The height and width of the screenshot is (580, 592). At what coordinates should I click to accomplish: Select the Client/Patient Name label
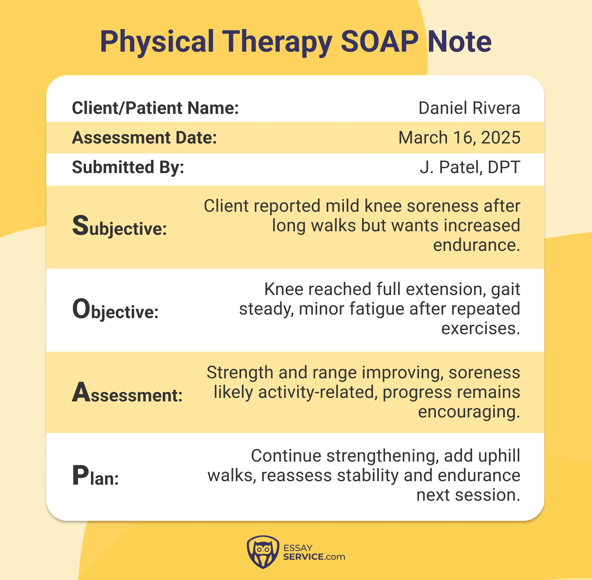click(155, 108)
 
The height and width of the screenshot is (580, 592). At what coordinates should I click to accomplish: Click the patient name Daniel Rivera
click(469, 108)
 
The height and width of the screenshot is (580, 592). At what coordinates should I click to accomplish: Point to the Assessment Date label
click(144, 138)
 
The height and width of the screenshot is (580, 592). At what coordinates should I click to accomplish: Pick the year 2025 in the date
click(501, 138)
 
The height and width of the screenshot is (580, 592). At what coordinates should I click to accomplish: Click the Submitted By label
click(128, 167)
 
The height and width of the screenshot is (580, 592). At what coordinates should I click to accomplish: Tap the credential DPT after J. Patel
click(504, 167)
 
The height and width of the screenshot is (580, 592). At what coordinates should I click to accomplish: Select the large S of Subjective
click(80, 226)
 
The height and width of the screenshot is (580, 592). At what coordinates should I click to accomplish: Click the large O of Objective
click(81, 309)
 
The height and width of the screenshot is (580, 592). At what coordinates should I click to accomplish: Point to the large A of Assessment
click(81, 392)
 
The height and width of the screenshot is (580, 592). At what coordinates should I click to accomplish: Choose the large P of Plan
click(80, 476)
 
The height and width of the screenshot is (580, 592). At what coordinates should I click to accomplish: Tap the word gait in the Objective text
click(505, 289)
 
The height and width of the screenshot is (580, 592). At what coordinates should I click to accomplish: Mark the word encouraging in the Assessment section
click(469, 412)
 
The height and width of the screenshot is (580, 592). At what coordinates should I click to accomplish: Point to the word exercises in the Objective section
click(481, 329)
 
